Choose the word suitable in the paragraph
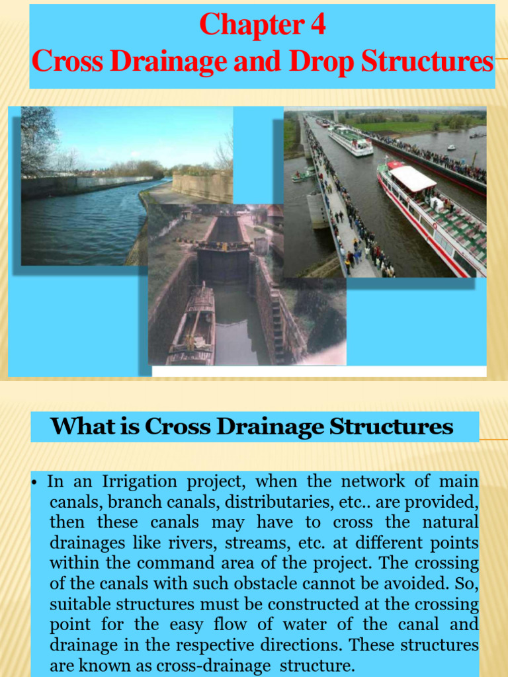tap(80, 604)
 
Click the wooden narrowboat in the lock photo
tap(192, 327)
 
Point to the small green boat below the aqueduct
tap(304, 175)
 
